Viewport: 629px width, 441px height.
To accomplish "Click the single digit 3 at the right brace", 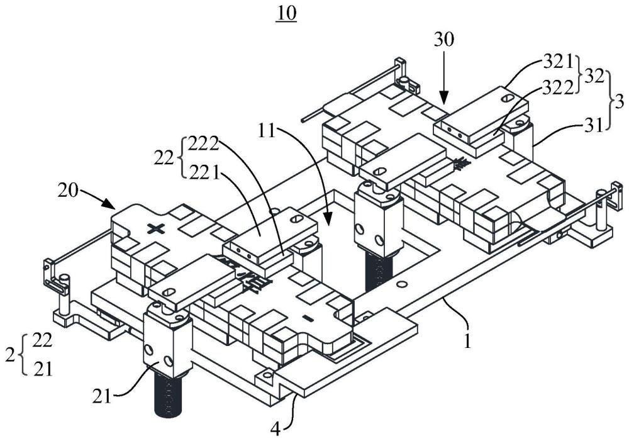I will [620, 100].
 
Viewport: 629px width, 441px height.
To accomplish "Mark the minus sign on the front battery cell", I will [308, 318].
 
